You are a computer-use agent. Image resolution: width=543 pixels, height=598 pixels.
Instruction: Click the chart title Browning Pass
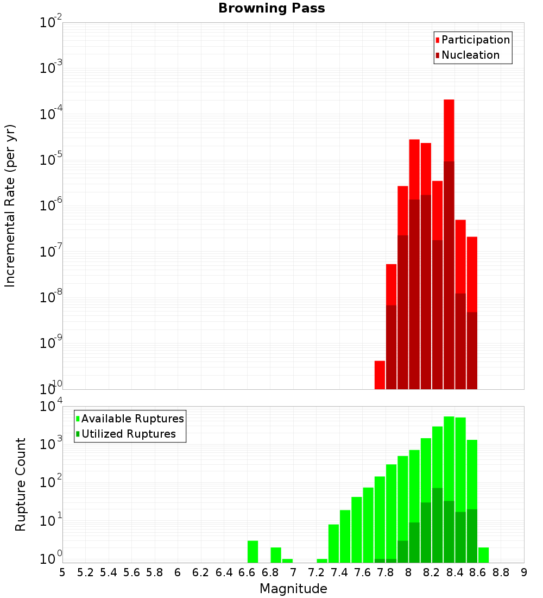coord(271,8)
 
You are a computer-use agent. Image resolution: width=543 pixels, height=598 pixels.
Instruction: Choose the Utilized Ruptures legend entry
coord(128,434)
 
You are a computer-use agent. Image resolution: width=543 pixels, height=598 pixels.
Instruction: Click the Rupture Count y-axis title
coord(21,484)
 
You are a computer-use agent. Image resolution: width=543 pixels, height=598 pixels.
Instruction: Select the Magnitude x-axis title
coord(293,588)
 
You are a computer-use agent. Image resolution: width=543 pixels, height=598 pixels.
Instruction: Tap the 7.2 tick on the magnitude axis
coord(316,572)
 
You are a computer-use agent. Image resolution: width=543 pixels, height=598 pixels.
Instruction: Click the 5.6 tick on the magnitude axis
coord(131,572)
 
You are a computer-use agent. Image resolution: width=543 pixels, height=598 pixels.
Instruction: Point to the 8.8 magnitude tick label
coord(501,572)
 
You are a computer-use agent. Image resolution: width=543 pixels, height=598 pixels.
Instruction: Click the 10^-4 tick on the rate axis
coord(50,115)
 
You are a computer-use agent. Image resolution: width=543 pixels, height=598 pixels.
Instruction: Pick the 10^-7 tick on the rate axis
coord(50,252)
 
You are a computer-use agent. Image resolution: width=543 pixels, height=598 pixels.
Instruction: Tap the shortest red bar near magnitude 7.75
coord(380,375)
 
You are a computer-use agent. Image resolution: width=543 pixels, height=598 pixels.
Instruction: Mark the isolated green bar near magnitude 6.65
coord(252,551)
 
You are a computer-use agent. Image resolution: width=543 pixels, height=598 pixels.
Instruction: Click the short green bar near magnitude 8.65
coord(483,555)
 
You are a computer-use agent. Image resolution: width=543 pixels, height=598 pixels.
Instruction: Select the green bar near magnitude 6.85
coord(276,555)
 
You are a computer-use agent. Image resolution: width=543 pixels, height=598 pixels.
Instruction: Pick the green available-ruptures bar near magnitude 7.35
coord(333,543)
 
